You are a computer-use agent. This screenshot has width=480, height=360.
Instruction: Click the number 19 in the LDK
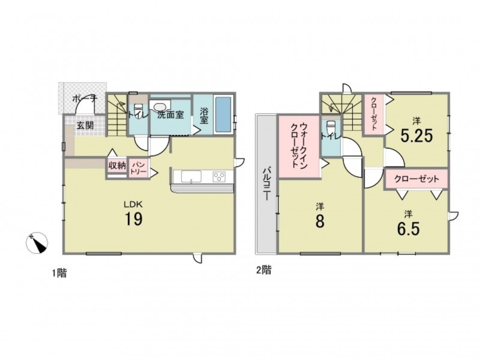click(133, 219)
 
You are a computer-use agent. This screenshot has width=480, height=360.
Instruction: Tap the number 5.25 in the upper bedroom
click(416, 136)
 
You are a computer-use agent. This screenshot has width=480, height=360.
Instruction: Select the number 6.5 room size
click(408, 228)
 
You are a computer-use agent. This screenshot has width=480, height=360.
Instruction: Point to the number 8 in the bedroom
click(320, 221)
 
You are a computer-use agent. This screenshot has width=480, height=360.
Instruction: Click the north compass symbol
click(37, 243)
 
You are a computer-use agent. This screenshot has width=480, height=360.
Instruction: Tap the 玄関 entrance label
click(85, 125)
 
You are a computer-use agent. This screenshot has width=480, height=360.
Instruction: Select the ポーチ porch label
click(85, 99)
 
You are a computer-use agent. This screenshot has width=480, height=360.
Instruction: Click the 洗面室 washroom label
click(171, 115)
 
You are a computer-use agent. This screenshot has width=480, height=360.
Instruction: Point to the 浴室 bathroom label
click(203, 115)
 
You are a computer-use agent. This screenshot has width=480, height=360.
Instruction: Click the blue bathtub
click(223, 115)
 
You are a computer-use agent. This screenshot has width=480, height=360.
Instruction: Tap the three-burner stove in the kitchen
click(219, 176)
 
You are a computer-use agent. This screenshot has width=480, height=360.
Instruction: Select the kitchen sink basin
click(191, 176)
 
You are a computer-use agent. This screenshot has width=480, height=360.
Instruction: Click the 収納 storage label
click(117, 166)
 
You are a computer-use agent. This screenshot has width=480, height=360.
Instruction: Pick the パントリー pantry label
click(139, 168)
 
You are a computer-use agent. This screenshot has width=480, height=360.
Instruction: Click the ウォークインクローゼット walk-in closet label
click(299, 145)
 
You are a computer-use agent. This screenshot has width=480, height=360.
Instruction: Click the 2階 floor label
click(263, 270)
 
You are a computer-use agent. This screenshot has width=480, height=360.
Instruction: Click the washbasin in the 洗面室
click(160, 106)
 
